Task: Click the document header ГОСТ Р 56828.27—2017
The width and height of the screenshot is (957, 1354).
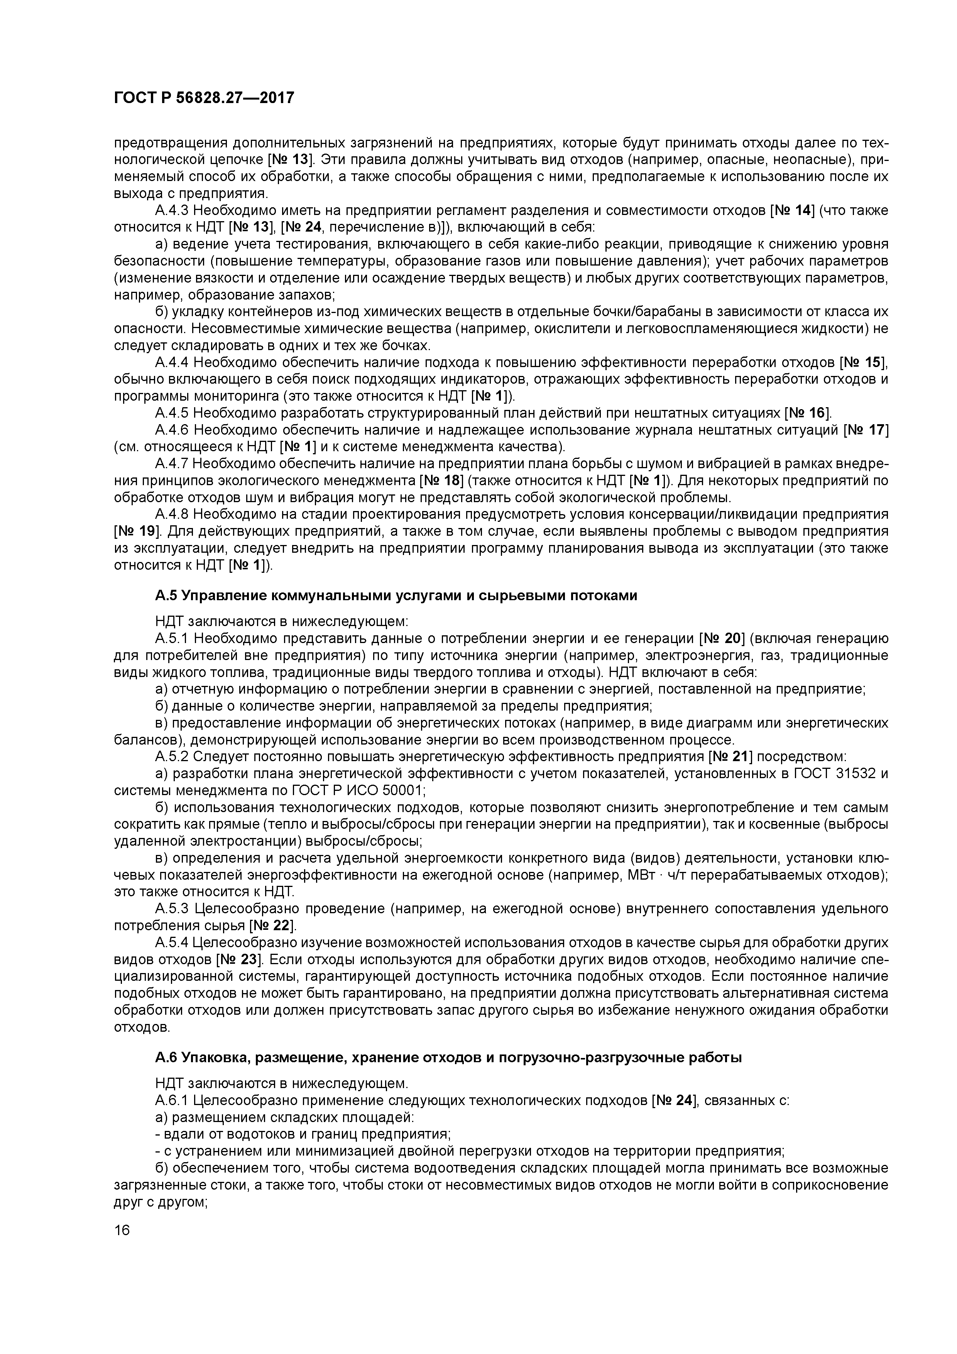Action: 203,98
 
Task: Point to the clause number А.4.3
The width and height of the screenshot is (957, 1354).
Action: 172,210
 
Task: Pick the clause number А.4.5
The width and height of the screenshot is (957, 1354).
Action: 172,413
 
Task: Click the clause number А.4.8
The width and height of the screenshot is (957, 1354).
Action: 172,514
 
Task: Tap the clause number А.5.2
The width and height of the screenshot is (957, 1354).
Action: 172,757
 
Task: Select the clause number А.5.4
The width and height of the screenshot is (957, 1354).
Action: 172,943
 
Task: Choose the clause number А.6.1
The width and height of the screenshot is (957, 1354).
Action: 172,1100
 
